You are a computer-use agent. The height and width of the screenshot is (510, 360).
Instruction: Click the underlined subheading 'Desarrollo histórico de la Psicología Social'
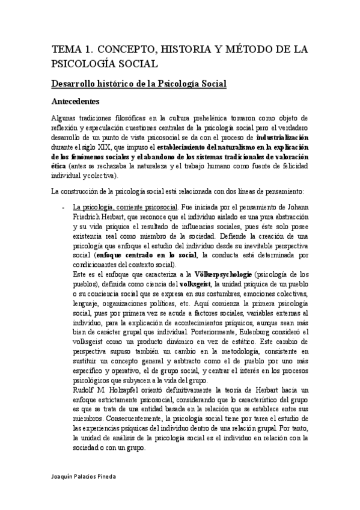[139, 83]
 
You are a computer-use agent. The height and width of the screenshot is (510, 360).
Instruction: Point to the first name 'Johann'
[296, 207]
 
